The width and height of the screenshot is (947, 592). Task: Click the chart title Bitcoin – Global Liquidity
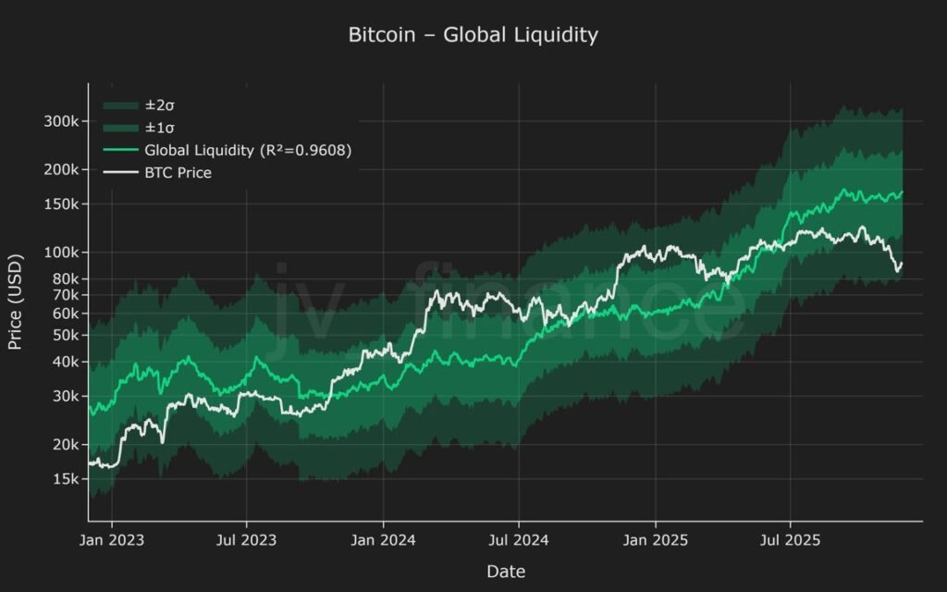point(473,35)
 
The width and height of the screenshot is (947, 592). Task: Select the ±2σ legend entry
point(160,106)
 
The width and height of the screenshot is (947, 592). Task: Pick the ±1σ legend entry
point(160,128)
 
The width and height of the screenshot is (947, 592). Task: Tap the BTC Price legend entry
point(178,172)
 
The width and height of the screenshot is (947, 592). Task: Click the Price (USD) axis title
point(16,302)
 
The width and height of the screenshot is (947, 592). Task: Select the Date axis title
point(505,572)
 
